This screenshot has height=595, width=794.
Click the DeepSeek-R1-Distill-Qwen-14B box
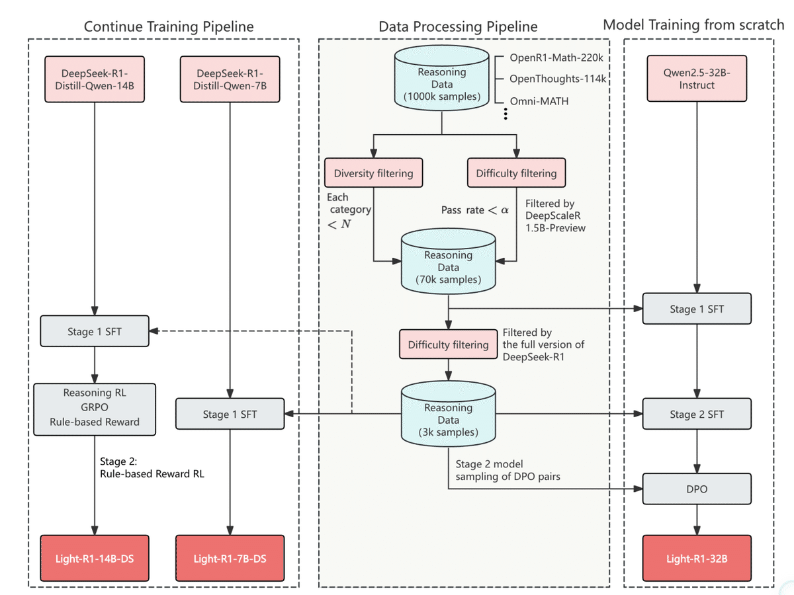94,79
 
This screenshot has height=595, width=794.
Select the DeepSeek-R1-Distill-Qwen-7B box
230,79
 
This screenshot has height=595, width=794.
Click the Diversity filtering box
374,173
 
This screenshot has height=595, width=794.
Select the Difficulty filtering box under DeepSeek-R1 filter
448,344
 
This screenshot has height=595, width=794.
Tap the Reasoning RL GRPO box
95,407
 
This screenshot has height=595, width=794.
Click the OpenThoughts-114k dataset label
558,79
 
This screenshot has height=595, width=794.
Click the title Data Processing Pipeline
458,27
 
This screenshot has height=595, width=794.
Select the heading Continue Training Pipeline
169,26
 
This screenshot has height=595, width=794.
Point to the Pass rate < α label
475,210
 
